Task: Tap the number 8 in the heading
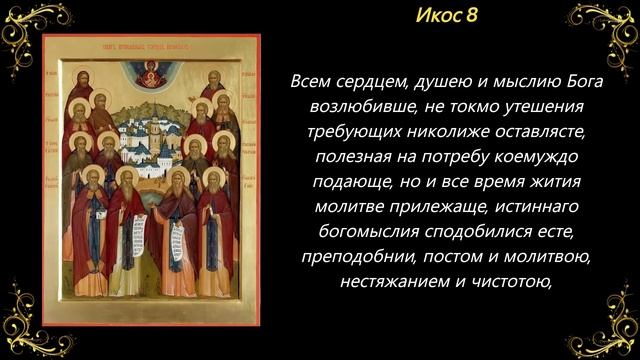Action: (x=470, y=16)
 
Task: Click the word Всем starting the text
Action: (x=315, y=81)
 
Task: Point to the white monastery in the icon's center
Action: (x=152, y=145)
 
